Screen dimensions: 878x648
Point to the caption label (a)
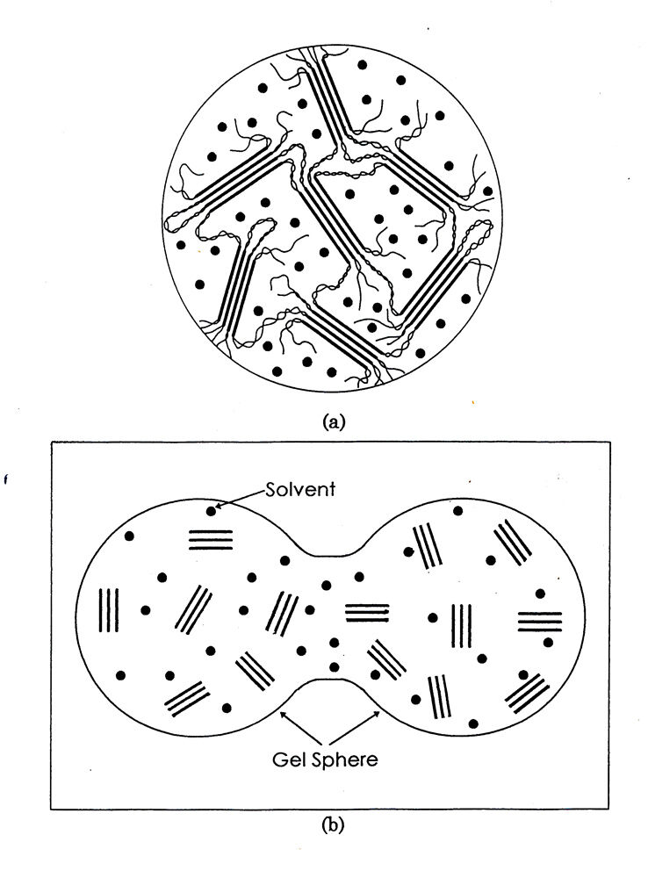[x=331, y=422]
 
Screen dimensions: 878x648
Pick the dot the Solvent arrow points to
[x=211, y=509]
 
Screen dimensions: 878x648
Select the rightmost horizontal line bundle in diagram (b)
[x=538, y=622]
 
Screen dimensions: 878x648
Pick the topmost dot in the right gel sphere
[x=457, y=510]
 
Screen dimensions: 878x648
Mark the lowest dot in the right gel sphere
[x=474, y=723]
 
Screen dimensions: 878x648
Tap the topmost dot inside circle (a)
[x=359, y=64]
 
